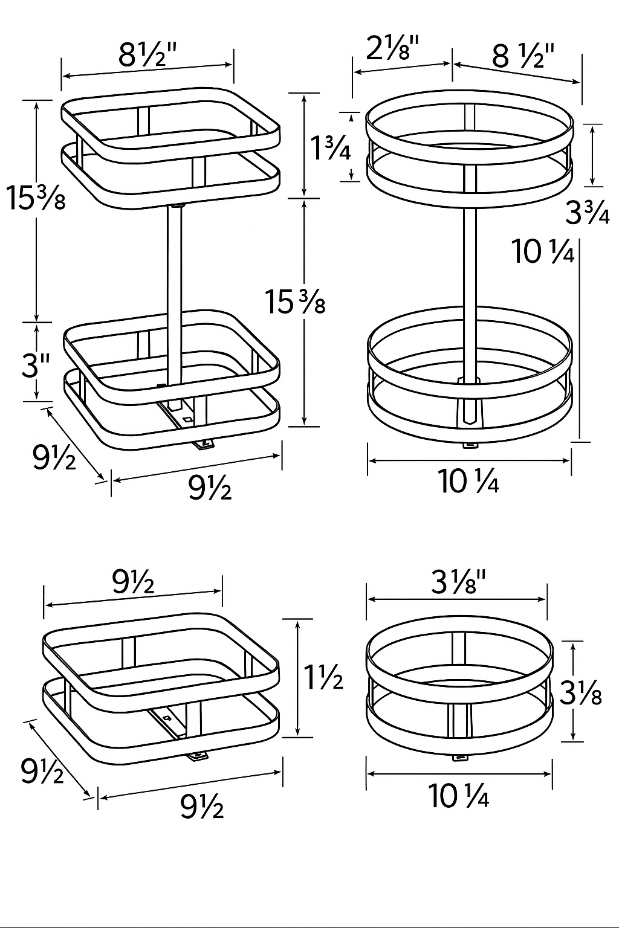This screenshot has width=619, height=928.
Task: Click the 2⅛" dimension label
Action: [x=393, y=48]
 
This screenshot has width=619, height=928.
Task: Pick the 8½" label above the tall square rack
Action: [x=148, y=54]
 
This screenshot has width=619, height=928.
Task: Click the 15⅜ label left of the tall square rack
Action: [x=36, y=198]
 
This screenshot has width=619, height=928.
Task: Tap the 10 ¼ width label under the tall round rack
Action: [x=468, y=482]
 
